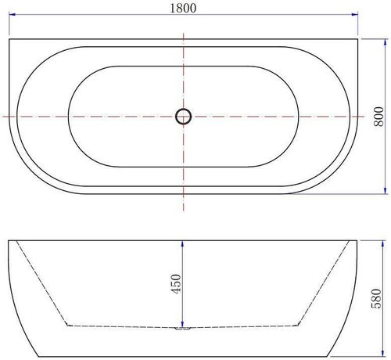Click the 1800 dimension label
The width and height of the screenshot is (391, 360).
pos(183,8)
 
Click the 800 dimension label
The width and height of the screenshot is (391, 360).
pos(379,117)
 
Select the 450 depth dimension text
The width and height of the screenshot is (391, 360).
pos(177,283)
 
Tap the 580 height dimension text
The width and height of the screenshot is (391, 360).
pos(376,298)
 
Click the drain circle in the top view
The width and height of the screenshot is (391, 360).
pos(184,117)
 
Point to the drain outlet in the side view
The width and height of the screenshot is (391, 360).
pos(182,328)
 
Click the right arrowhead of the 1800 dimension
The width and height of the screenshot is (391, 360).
pos(355,14)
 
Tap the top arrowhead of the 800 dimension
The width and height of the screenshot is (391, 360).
pos(386,42)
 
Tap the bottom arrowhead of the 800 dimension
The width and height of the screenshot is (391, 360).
pos(386,191)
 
